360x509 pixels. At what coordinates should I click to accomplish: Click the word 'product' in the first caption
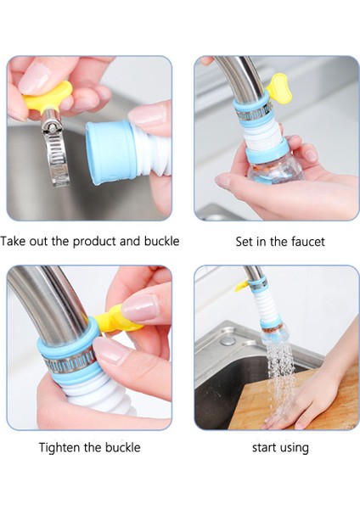(94, 242)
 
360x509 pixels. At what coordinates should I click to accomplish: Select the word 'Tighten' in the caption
(60, 448)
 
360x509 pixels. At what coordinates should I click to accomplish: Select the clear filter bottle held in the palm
(274, 171)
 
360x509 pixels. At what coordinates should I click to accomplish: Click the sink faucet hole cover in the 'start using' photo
(228, 341)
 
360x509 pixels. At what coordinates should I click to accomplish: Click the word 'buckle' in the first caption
(162, 241)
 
